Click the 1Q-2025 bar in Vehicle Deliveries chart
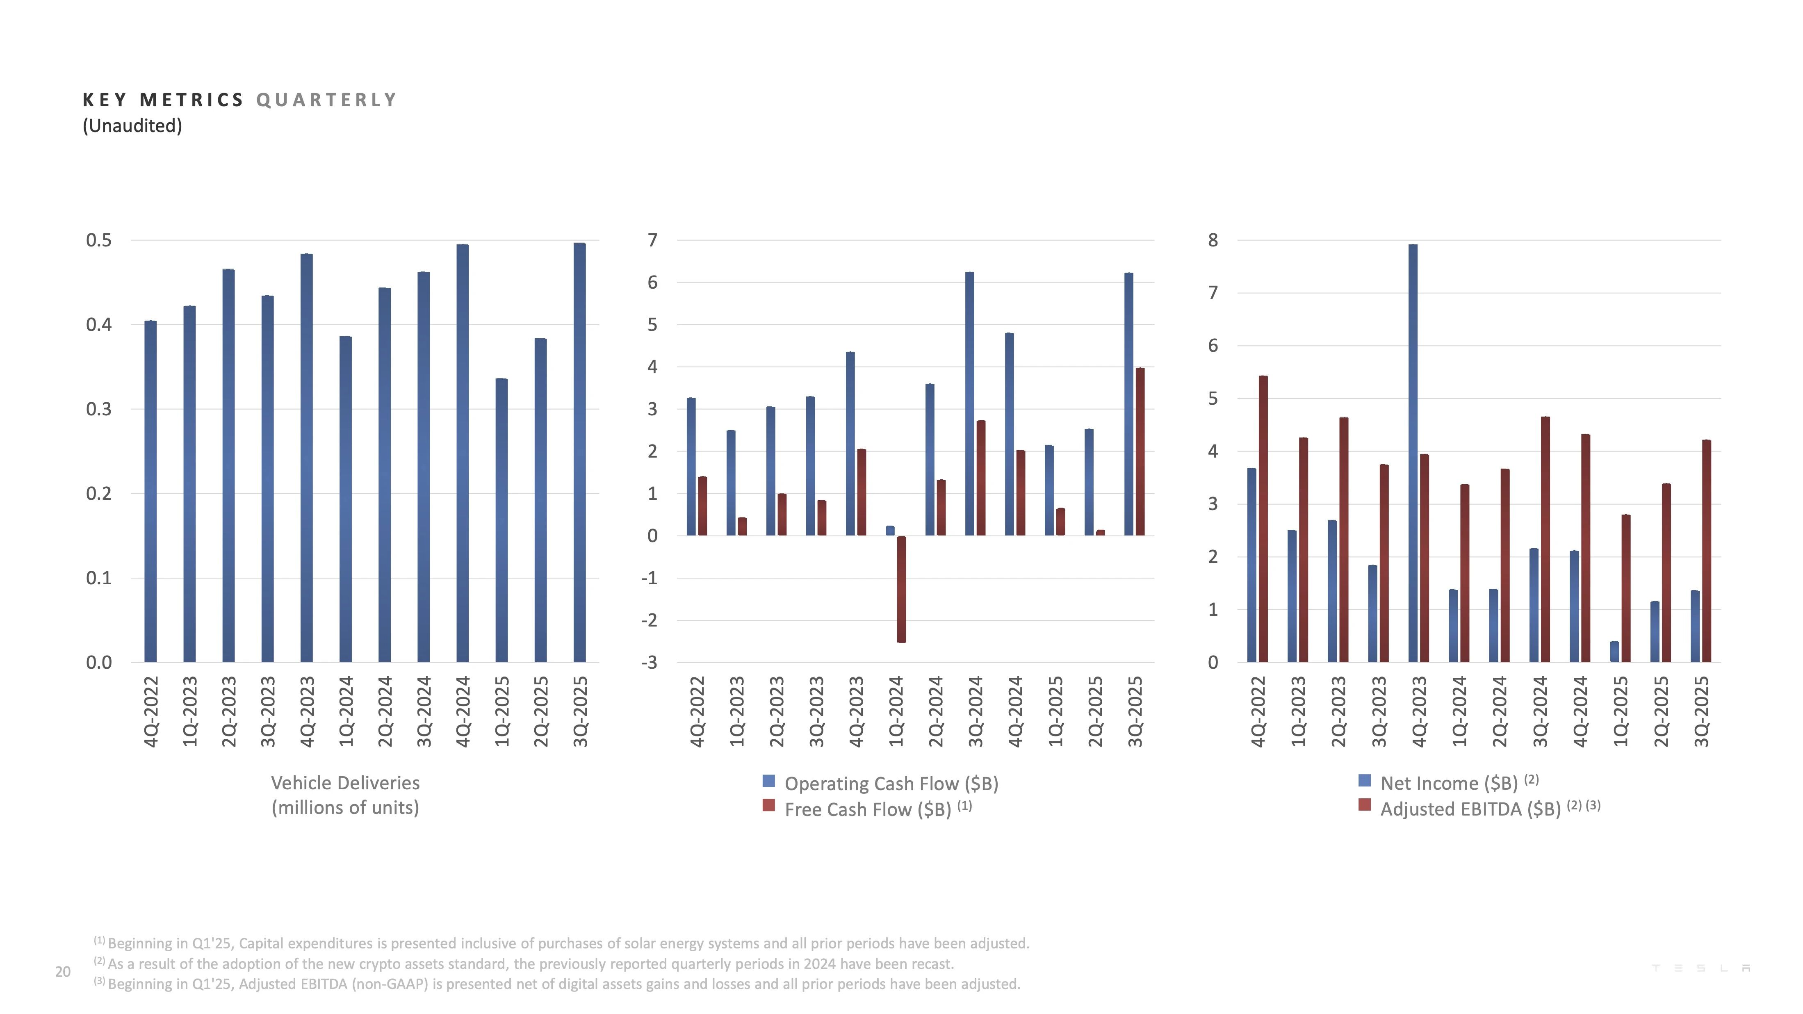click(501, 521)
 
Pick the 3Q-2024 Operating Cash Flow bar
click(969, 404)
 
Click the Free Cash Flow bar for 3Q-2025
click(1140, 452)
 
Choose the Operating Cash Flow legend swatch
click(768, 781)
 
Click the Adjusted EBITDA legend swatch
click(1364, 805)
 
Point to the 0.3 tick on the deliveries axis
click(99, 409)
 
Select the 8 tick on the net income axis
click(1213, 241)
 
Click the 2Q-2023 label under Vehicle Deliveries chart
click(229, 711)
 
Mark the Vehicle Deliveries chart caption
click(345, 795)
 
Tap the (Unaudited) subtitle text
click(132, 126)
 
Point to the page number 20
click(63, 971)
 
